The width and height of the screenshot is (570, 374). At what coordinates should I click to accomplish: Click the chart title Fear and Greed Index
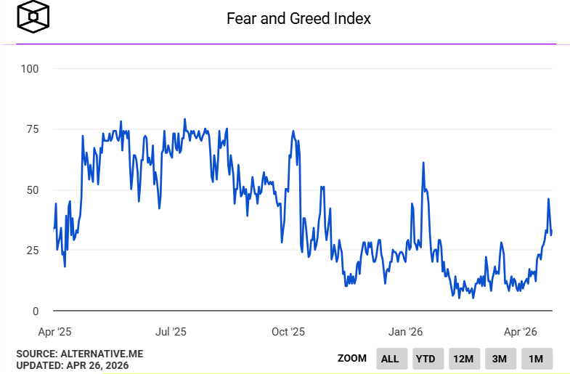click(298, 19)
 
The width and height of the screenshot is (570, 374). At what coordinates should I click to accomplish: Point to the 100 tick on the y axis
click(30, 69)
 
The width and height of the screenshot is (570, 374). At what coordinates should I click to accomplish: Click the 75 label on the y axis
click(32, 129)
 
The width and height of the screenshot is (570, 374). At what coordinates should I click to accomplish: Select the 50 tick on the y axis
click(32, 190)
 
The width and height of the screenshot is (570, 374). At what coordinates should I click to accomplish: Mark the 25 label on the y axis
click(32, 251)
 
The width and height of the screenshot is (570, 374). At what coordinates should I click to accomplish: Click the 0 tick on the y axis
click(35, 312)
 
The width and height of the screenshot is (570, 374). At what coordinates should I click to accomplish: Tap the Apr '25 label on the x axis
click(54, 332)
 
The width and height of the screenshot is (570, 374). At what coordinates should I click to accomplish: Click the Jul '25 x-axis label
click(171, 332)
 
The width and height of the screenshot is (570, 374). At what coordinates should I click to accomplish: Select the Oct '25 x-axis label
click(288, 332)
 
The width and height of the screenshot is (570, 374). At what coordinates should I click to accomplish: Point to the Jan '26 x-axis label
click(405, 332)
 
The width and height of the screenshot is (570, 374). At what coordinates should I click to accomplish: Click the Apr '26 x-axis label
click(520, 332)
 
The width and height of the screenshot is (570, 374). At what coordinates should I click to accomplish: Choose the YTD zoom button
click(426, 358)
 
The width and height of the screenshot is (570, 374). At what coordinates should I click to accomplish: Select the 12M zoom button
click(463, 358)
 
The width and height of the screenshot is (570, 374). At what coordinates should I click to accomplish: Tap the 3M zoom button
click(500, 358)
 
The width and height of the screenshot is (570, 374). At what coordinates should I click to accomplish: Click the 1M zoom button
click(536, 358)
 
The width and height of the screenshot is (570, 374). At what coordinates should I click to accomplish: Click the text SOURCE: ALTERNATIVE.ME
click(80, 354)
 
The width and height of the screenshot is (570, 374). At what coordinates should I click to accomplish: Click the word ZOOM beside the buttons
click(352, 358)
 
